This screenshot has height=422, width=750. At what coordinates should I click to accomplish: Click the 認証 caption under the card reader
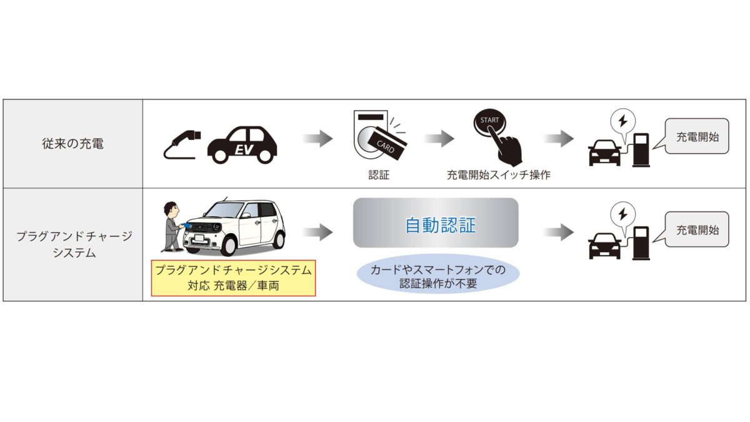tap(379, 175)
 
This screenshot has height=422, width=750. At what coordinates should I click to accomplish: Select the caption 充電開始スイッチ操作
tap(498, 175)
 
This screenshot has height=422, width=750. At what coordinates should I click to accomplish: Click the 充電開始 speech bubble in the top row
tap(697, 136)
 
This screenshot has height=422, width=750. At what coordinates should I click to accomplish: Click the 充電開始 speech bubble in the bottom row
tap(697, 229)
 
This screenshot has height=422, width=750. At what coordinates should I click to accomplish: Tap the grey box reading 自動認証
tap(436, 224)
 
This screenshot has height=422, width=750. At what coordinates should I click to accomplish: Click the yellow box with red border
tap(234, 279)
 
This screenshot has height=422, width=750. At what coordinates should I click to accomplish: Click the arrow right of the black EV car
tap(318, 139)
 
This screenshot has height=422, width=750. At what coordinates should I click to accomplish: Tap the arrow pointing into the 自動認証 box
tap(318, 233)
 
